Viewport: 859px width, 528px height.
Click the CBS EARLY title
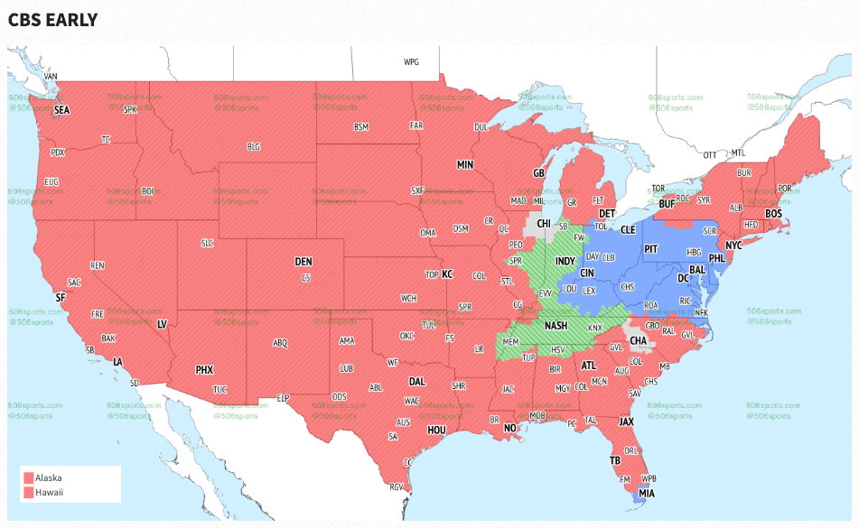(52, 19)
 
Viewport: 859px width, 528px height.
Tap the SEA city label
(61, 110)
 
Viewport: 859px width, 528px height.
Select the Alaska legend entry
(49, 477)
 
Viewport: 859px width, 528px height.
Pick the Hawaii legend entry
(49, 492)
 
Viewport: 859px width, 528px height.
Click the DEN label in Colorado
(303, 262)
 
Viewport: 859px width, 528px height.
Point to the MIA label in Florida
(646, 494)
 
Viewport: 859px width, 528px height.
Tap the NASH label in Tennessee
(556, 326)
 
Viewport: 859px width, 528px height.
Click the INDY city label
(565, 261)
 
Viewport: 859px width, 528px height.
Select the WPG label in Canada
(412, 62)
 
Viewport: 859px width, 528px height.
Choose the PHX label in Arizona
(204, 369)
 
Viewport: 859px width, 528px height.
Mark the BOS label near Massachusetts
(773, 214)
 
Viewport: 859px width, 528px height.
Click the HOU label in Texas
(436, 431)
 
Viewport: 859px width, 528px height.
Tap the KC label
(446, 273)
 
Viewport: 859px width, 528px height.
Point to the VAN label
(51, 76)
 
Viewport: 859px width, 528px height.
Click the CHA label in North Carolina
(638, 341)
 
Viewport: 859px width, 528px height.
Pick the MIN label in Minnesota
(465, 165)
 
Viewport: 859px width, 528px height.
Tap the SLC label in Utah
(207, 243)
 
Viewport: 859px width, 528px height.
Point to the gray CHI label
(545, 222)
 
